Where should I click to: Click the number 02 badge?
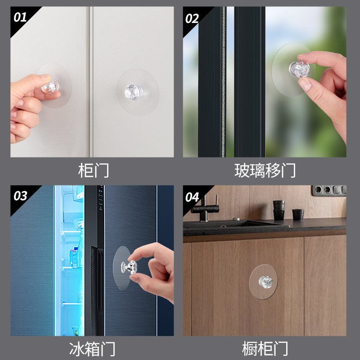pyautogui.click(x=192, y=18)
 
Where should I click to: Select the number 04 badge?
pyautogui.click(x=192, y=197)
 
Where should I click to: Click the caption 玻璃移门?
pyautogui.click(x=265, y=171)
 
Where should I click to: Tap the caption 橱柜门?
pyautogui.click(x=265, y=349)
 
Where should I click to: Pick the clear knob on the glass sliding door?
pyautogui.click(x=299, y=68)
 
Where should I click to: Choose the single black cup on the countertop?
pyautogui.click(x=297, y=214)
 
